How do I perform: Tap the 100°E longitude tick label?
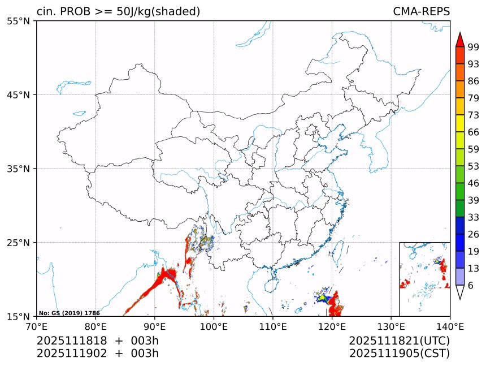click(214, 326)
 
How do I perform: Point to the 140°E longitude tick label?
click(450, 326)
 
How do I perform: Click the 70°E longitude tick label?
click(37, 326)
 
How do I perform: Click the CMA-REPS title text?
click(421, 12)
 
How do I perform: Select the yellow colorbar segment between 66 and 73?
click(459, 123)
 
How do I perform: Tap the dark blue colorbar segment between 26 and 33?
click(459, 226)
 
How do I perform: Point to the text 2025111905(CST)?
click(399, 354)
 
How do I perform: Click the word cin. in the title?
click(46, 12)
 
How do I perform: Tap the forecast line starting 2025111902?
click(97, 354)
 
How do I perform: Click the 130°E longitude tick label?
click(391, 326)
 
